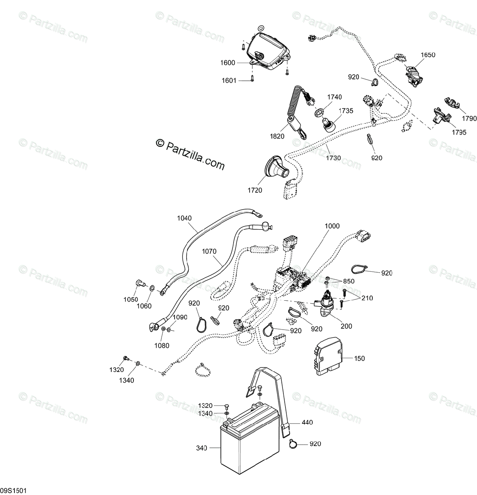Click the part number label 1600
click(228, 63)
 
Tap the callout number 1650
click(428, 55)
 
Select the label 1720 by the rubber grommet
click(255, 190)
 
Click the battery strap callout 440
click(307, 422)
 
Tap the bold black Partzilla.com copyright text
click(190, 153)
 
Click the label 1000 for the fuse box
click(332, 226)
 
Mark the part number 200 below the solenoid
click(346, 326)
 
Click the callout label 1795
click(459, 132)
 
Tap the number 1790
click(469, 119)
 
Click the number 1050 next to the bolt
click(131, 299)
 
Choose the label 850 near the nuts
click(348, 281)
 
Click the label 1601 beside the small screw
click(229, 80)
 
